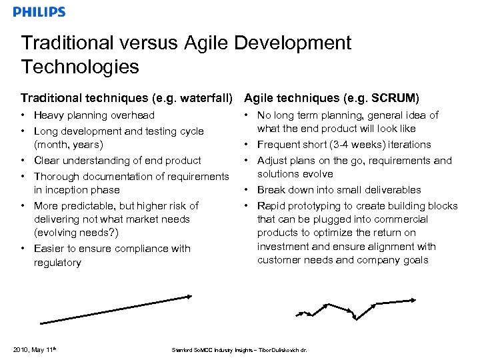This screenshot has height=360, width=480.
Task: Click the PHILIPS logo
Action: [39, 11]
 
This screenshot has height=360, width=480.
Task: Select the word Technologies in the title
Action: [80, 67]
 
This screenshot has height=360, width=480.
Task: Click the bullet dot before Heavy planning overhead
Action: [23, 115]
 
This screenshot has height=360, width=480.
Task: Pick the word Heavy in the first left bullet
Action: [48, 115]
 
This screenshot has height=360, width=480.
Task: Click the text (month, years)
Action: [68, 145]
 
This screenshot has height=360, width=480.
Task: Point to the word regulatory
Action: [57, 263]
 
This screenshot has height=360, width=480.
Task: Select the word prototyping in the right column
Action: [317, 206]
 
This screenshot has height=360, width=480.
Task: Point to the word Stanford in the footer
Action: [181, 350]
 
